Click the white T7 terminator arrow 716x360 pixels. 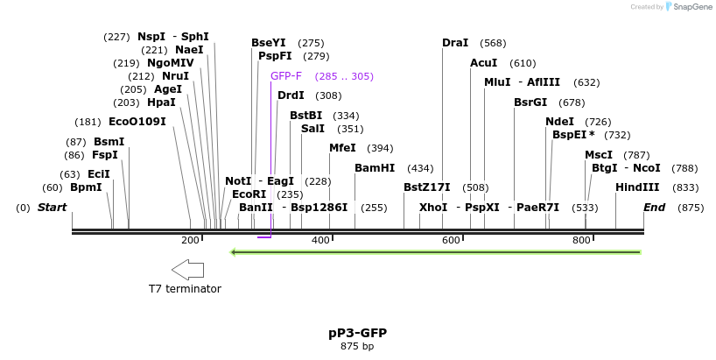tap(187, 269)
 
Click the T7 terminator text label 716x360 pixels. tap(185, 289)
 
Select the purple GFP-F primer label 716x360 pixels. tap(286, 76)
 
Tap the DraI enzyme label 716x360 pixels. tap(455, 43)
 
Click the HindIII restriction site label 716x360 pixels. tap(637, 187)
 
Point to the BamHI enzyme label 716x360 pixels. tap(375, 168)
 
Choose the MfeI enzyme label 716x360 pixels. tap(342, 148)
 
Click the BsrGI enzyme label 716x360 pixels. tap(530, 102)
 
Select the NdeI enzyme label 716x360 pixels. tap(559, 122)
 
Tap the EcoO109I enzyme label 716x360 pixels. tap(137, 122)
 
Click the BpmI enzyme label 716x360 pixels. tap(86, 187)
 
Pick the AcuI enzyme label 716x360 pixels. tap(483, 63)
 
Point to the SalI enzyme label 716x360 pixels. tap(312, 129)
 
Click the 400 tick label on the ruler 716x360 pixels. tap(320, 240)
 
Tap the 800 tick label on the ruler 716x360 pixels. tap(581, 240)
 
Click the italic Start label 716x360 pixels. tap(52, 208)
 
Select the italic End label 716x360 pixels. tap(654, 208)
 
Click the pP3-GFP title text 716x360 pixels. tap(357, 333)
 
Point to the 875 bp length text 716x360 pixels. tap(357, 346)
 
